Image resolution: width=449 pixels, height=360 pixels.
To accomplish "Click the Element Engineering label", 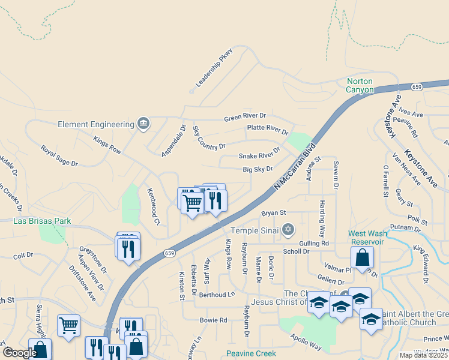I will click(x=96, y=124).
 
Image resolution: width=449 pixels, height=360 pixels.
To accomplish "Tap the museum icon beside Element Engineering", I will click(x=143, y=124).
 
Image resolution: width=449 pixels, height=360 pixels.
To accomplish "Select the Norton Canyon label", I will click(x=360, y=85).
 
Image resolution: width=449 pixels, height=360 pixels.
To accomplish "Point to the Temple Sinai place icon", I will click(x=289, y=229).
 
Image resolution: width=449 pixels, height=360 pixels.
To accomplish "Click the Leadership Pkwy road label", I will click(x=214, y=68).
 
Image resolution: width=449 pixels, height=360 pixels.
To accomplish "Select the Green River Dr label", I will click(x=245, y=116).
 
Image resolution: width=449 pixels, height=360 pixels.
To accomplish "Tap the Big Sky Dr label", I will click(x=258, y=170).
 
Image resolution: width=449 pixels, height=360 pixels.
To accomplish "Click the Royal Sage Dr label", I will click(x=59, y=155).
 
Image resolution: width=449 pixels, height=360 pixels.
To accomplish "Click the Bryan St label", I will click(x=274, y=212).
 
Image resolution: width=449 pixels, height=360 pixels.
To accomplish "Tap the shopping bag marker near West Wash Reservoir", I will click(x=363, y=257).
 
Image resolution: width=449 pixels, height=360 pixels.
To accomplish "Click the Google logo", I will click(x=20, y=353).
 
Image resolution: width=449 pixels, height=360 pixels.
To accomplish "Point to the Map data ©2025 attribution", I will click(x=423, y=355).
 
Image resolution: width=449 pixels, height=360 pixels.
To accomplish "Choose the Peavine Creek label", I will click(x=250, y=353).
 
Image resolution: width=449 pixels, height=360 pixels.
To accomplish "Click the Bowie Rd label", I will click(x=214, y=320).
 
